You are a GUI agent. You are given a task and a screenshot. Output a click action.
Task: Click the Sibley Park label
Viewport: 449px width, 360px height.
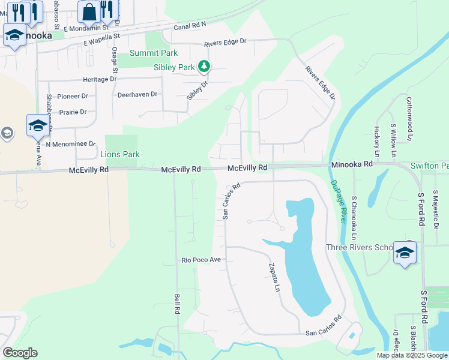point(174,68)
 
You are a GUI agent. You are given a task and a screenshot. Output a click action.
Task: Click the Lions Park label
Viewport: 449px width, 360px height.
point(119,155)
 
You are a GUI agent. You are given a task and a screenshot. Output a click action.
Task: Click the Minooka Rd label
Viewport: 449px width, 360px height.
point(351,163)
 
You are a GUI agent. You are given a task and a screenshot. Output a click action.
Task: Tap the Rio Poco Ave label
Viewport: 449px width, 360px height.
point(202,260)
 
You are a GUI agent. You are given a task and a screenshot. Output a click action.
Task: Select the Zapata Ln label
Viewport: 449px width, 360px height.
point(274,277)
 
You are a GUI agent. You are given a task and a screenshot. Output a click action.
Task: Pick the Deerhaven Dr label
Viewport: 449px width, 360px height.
point(137,94)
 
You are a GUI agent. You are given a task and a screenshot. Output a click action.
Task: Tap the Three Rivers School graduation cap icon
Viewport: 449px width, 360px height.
point(405,252)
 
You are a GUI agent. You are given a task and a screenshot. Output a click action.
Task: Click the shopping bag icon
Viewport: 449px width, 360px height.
point(89,12)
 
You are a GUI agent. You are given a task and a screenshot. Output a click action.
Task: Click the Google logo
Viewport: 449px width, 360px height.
point(20,353)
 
